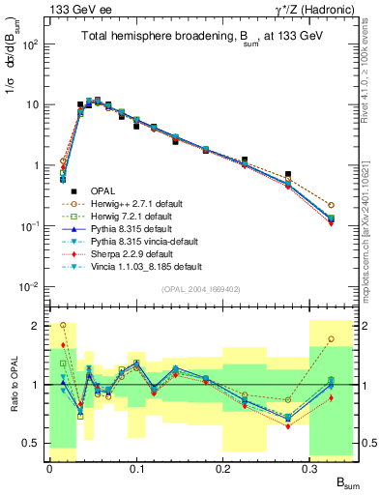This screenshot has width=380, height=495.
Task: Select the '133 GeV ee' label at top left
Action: [x=73, y=8]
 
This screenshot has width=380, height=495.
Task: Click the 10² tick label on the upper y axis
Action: [x=29, y=44]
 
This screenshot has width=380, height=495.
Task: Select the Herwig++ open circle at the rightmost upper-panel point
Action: [x=331, y=205]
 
